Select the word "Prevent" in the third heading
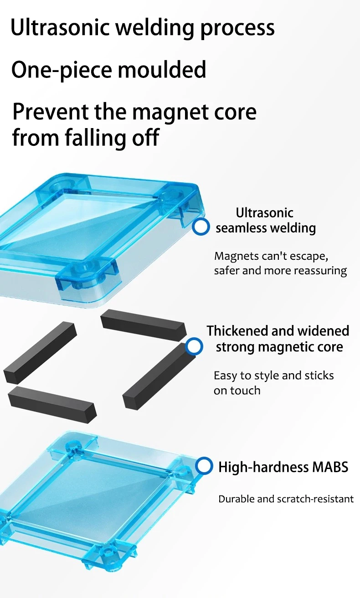(50, 112)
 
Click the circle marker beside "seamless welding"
(201, 227)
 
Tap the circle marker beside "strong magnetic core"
(195, 347)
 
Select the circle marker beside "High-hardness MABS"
(204, 466)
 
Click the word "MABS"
(330, 467)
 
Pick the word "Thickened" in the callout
(237, 330)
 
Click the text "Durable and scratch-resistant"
(286, 499)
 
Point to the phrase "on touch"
(237, 391)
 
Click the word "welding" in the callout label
(291, 227)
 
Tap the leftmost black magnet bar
(40, 351)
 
